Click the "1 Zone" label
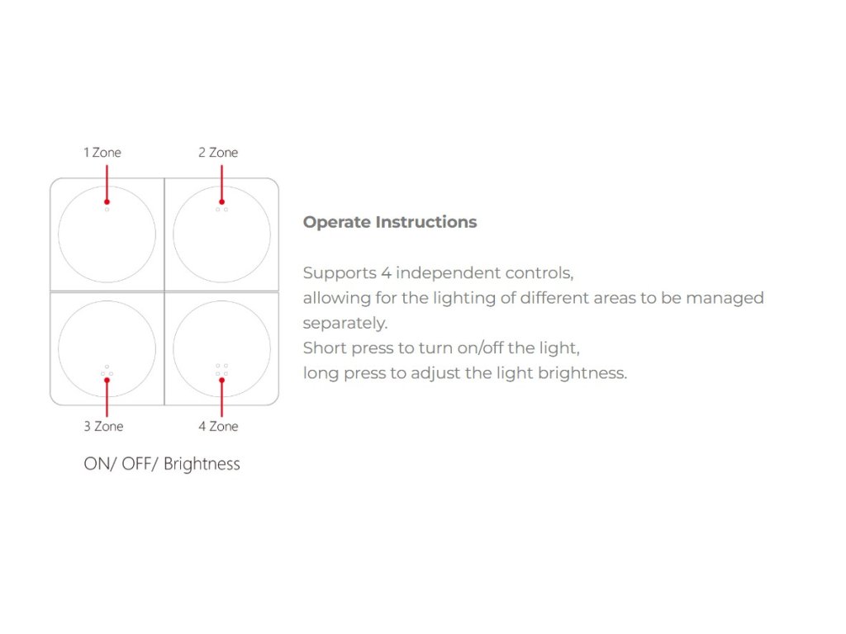click(x=102, y=153)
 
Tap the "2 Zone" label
click(x=217, y=153)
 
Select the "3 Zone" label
click(x=103, y=427)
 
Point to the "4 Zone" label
click(x=218, y=427)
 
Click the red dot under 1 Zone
click(x=107, y=201)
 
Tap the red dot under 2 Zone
click(x=221, y=201)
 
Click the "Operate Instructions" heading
click(x=389, y=222)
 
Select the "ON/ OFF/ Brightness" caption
click(x=162, y=464)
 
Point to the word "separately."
click(x=345, y=323)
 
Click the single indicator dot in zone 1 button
click(x=107, y=210)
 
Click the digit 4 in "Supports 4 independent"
click(x=385, y=273)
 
